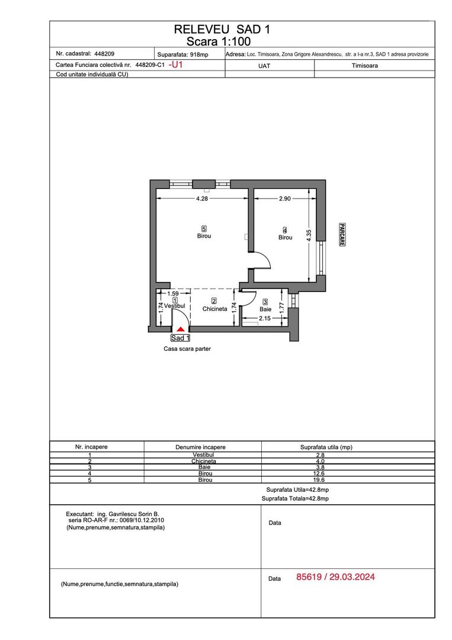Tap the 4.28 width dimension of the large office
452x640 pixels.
tap(202, 199)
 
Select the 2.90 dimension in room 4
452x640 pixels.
tap(284, 199)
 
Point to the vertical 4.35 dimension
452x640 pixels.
tap(309, 235)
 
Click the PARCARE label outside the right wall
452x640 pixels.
tap(342, 235)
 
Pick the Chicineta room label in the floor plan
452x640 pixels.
tap(215, 309)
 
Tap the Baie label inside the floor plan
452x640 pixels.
tap(265, 309)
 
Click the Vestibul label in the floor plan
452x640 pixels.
tap(175, 306)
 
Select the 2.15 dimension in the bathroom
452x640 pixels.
tap(265, 319)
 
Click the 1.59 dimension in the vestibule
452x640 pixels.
tap(173, 293)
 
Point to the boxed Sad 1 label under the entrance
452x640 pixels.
tap(181, 338)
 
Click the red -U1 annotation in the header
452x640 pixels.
tap(177, 65)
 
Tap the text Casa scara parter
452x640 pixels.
tap(187, 350)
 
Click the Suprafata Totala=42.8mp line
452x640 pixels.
tap(295, 499)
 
